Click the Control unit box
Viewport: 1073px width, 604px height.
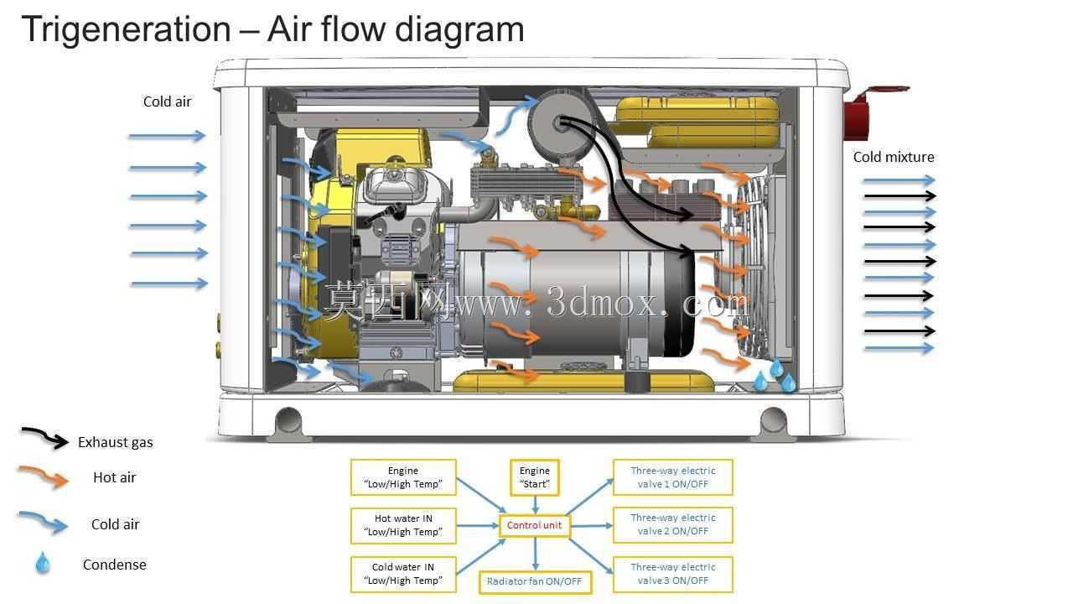(x=535, y=525)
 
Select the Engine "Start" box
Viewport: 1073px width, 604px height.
(x=535, y=477)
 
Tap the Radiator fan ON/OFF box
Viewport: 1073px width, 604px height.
(x=535, y=581)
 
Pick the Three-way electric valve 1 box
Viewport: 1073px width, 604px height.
(x=672, y=477)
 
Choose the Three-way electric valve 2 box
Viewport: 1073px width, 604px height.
(x=672, y=525)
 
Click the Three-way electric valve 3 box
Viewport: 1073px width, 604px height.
(x=672, y=574)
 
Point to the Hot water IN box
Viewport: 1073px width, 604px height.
(x=403, y=525)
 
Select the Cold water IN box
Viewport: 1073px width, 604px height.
(x=403, y=574)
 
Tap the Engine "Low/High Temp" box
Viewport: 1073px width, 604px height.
(x=403, y=477)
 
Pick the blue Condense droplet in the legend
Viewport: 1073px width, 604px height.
(x=43, y=562)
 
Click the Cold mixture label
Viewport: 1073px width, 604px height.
(x=894, y=157)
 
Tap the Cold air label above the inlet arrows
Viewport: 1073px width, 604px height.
(x=167, y=102)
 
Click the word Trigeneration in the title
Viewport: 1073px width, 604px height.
(x=126, y=29)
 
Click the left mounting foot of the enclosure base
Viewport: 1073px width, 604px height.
(x=288, y=423)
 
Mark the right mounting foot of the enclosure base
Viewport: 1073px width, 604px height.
(x=773, y=423)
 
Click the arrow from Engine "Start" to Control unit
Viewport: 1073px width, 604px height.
(x=535, y=505)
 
